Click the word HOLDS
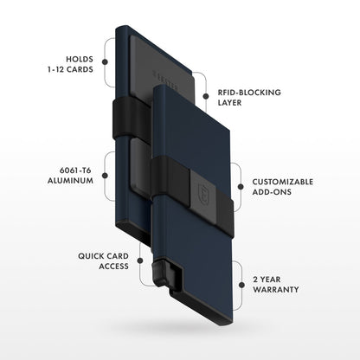[75, 59]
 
